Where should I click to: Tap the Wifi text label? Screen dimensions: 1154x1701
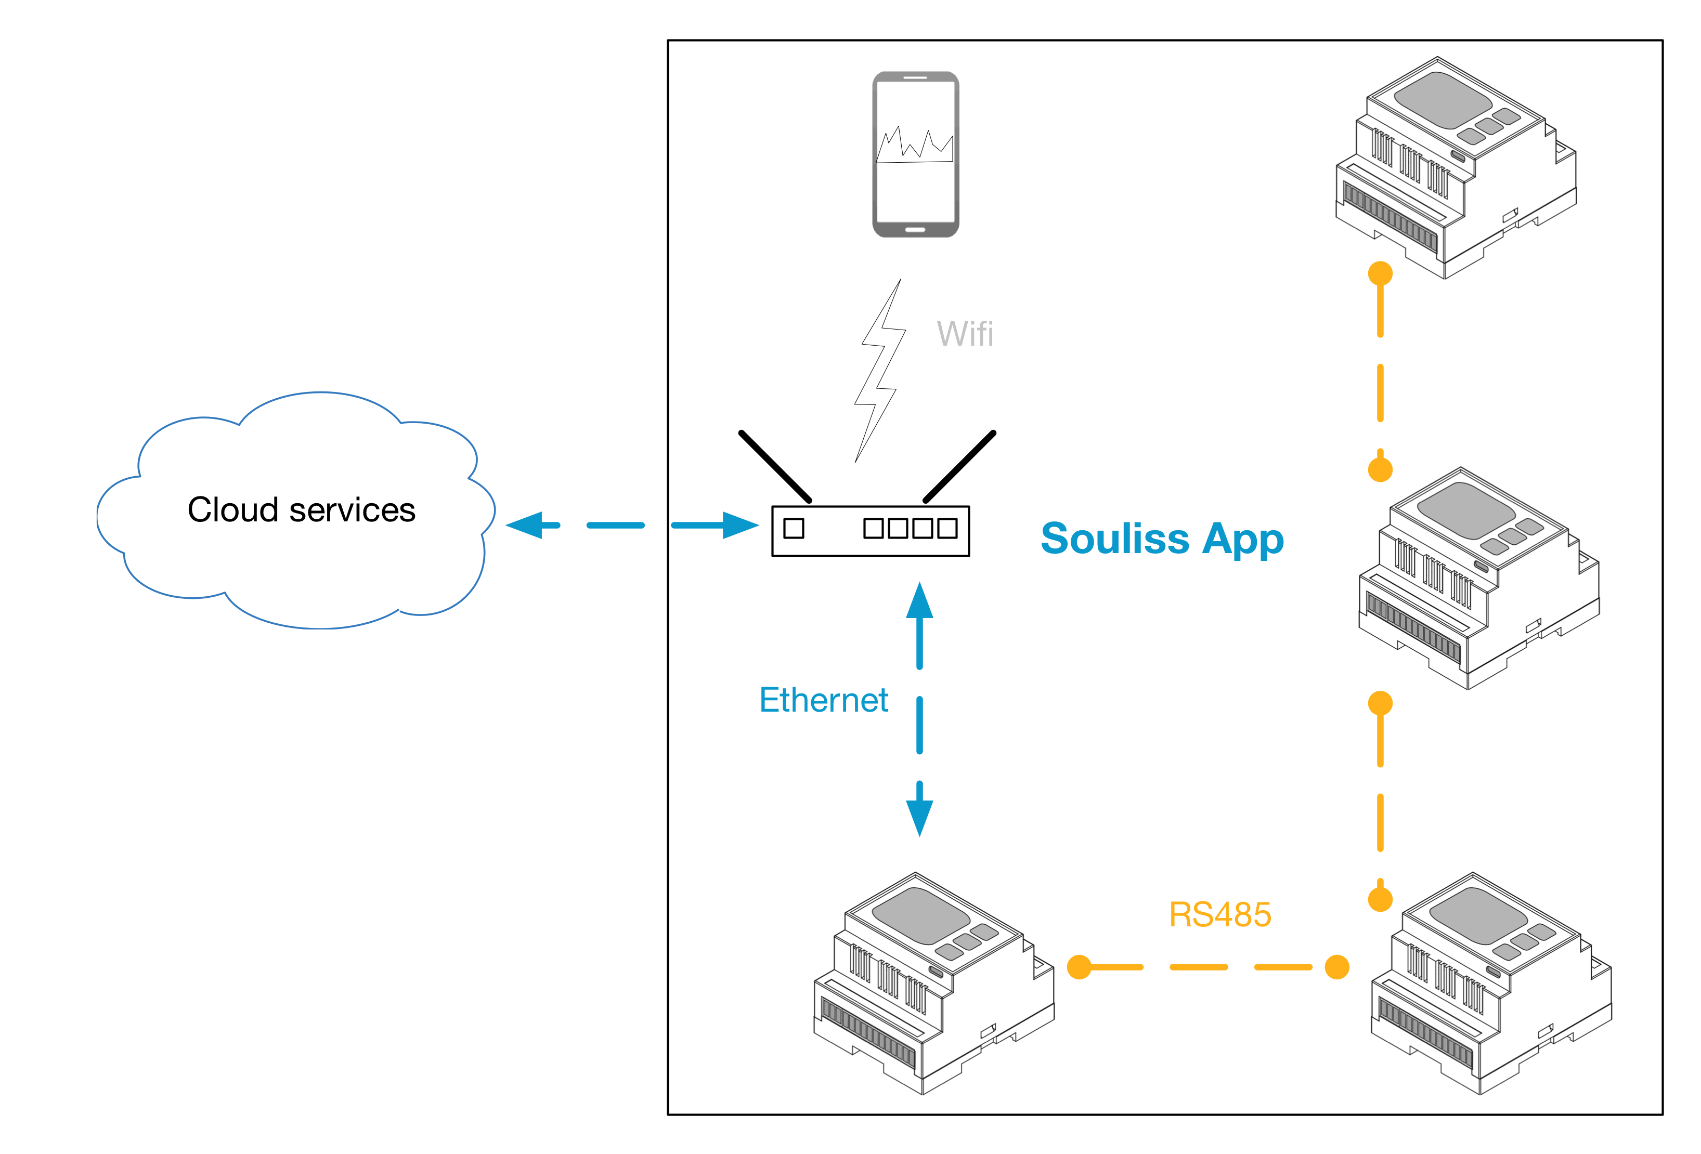(x=965, y=334)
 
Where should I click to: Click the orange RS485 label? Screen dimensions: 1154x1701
(x=1219, y=915)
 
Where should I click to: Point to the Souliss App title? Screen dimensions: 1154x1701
(x=1162, y=540)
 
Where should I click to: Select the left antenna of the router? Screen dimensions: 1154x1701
(x=775, y=466)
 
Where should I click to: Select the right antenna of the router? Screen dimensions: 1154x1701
(x=959, y=466)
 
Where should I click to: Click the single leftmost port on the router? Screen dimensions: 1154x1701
(x=794, y=528)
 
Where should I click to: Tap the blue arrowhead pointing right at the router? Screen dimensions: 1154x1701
(x=740, y=526)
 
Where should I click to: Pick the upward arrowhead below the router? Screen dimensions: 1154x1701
(x=919, y=601)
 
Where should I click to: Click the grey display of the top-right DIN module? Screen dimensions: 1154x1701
(x=1442, y=100)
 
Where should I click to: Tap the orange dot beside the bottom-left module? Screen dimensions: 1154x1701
(x=1080, y=967)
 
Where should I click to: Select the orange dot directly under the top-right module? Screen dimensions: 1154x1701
(x=1381, y=273)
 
